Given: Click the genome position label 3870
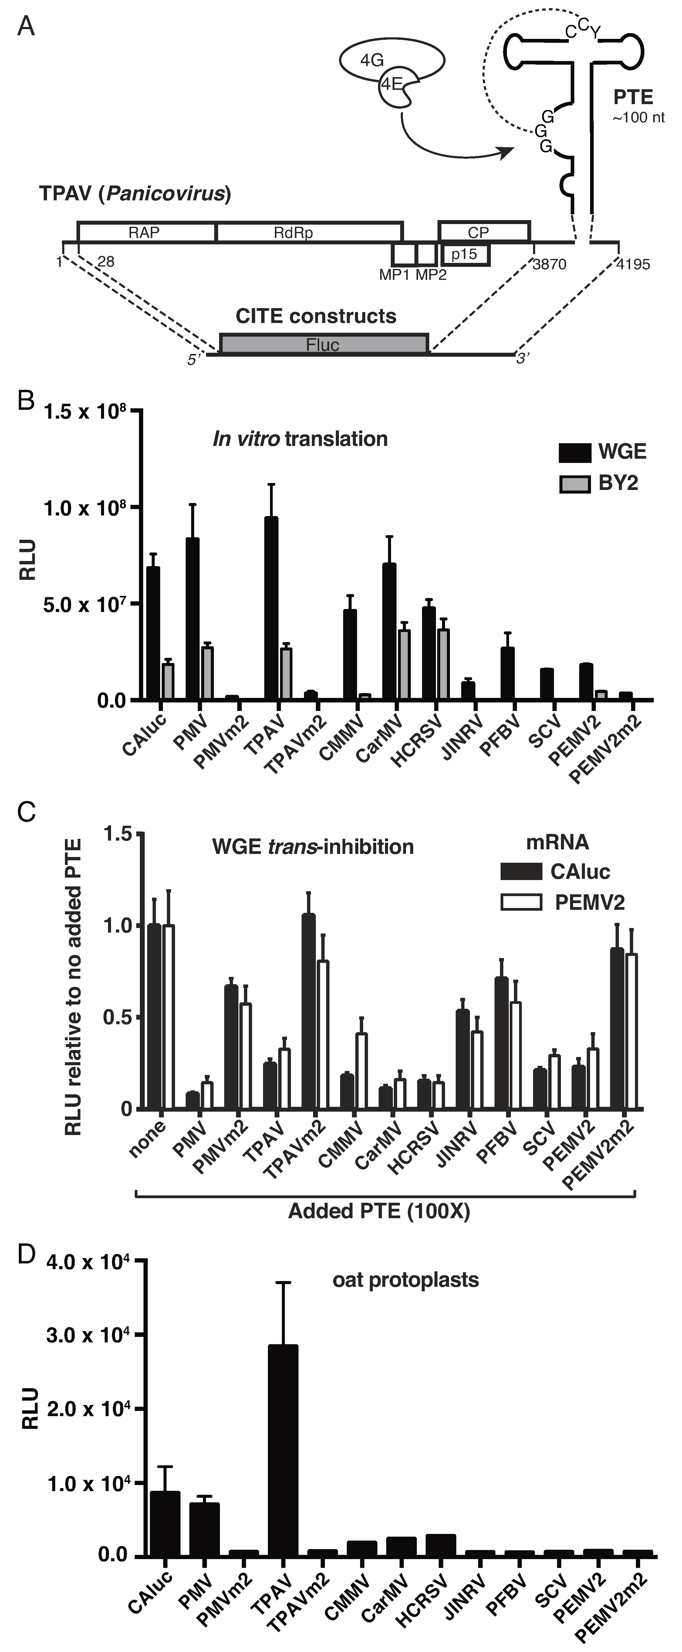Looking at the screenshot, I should (549, 264).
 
